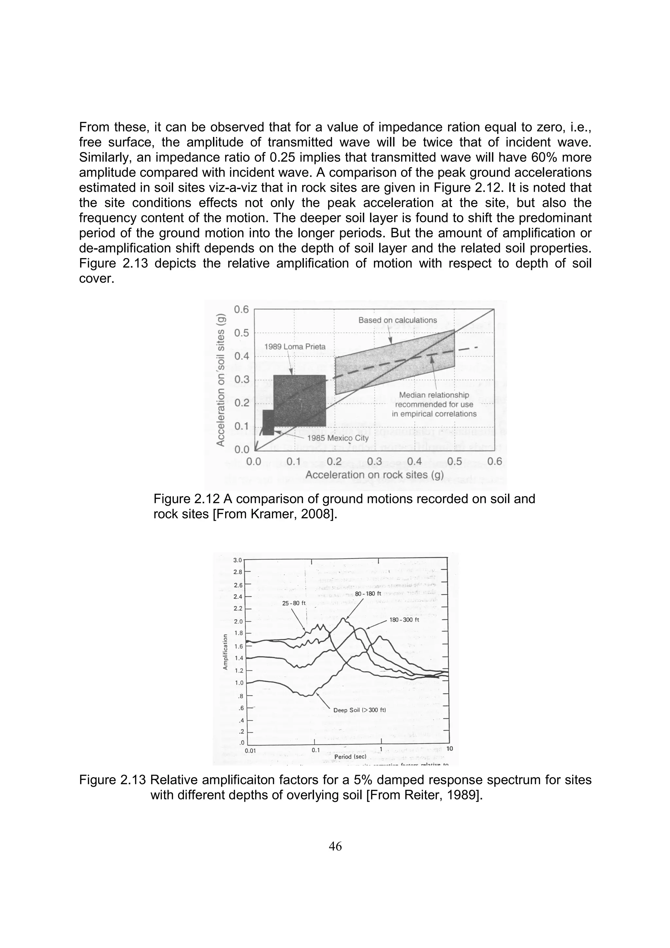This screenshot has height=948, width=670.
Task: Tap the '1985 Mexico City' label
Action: tap(338, 438)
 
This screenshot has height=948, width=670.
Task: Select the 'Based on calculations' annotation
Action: tap(397, 320)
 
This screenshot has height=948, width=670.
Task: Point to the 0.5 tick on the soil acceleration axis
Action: tap(241, 333)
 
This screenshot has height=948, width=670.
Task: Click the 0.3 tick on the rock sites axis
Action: tap(375, 461)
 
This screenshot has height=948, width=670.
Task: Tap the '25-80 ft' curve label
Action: tap(293, 603)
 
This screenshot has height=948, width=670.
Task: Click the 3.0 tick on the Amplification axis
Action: tap(238, 560)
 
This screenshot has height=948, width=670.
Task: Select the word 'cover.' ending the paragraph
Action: tap(96, 278)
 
